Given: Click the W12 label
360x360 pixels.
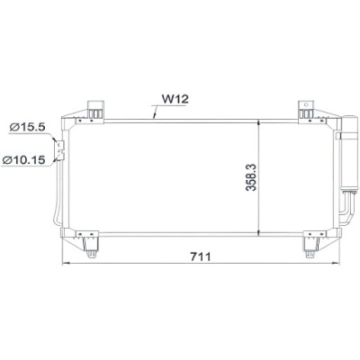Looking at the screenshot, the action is point(175,99).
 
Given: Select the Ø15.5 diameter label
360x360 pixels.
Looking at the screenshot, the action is point(27,127).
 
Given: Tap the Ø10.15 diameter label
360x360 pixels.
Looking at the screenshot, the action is point(23,160).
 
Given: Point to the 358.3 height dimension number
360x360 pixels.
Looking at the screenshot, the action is point(251,177).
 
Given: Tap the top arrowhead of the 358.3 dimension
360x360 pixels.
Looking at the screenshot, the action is point(259,123).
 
